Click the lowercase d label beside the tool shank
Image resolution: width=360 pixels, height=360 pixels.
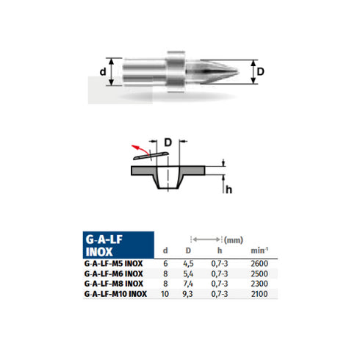tap(103, 72)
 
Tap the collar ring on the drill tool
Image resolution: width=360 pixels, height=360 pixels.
tap(176, 72)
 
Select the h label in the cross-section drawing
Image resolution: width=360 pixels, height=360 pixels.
tap(228, 189)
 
